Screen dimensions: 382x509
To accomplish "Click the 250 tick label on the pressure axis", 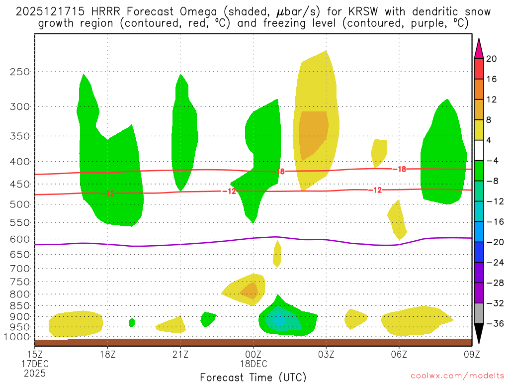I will pos(20,72).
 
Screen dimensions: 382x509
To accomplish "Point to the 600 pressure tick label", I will pos(20,239).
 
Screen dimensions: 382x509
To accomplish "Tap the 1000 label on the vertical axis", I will pos(18,337).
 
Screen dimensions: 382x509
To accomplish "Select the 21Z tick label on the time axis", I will pos(180,355).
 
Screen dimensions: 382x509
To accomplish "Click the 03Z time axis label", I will pos(326,355).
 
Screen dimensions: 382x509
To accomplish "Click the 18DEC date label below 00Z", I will pos(254,364).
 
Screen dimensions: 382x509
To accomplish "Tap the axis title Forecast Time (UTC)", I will pos(253,377).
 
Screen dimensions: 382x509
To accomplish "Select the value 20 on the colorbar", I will pos(492,59).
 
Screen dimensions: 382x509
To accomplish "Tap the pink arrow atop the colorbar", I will pos(479,49).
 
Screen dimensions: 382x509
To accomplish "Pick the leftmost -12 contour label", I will pos(110,194).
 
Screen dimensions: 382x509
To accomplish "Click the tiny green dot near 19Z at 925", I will pos(132,322).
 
